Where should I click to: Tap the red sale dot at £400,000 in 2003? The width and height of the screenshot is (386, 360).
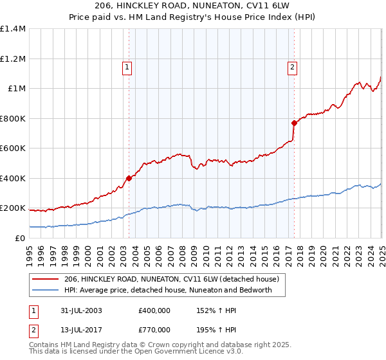pyautogui.click(x=129, y=179)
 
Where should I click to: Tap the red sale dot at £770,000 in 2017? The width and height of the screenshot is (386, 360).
pyautogui.click(x=294, y=123)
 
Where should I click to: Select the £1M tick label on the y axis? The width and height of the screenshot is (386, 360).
pyautogui.click(x=17, y=89)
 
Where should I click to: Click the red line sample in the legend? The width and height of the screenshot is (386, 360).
pyautogui.click(x=45, y=279)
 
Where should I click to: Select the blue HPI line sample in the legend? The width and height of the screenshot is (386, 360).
pyautogui.click(x=45, y=290)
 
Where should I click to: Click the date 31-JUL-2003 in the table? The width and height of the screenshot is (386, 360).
pyautogui.click(x=80, y=310)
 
